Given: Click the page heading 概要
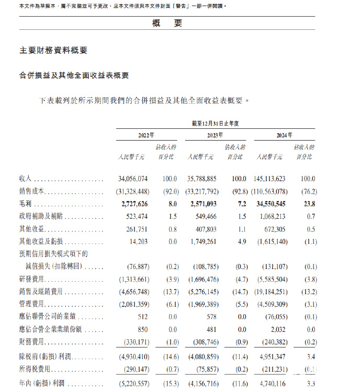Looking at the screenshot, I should (x=167, y=23).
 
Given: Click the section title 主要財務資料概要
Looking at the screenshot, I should (x=53, y=50).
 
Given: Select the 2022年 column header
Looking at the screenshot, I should (x=146, y=135).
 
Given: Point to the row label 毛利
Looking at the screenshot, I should (x=26, y=204).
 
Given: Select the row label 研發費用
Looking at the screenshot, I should (x=32, y=279).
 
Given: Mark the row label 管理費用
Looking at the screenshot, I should (x=32, y=304).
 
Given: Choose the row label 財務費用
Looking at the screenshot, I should (x=32, y=342).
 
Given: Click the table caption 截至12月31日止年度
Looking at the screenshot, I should (x=215, y=123).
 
